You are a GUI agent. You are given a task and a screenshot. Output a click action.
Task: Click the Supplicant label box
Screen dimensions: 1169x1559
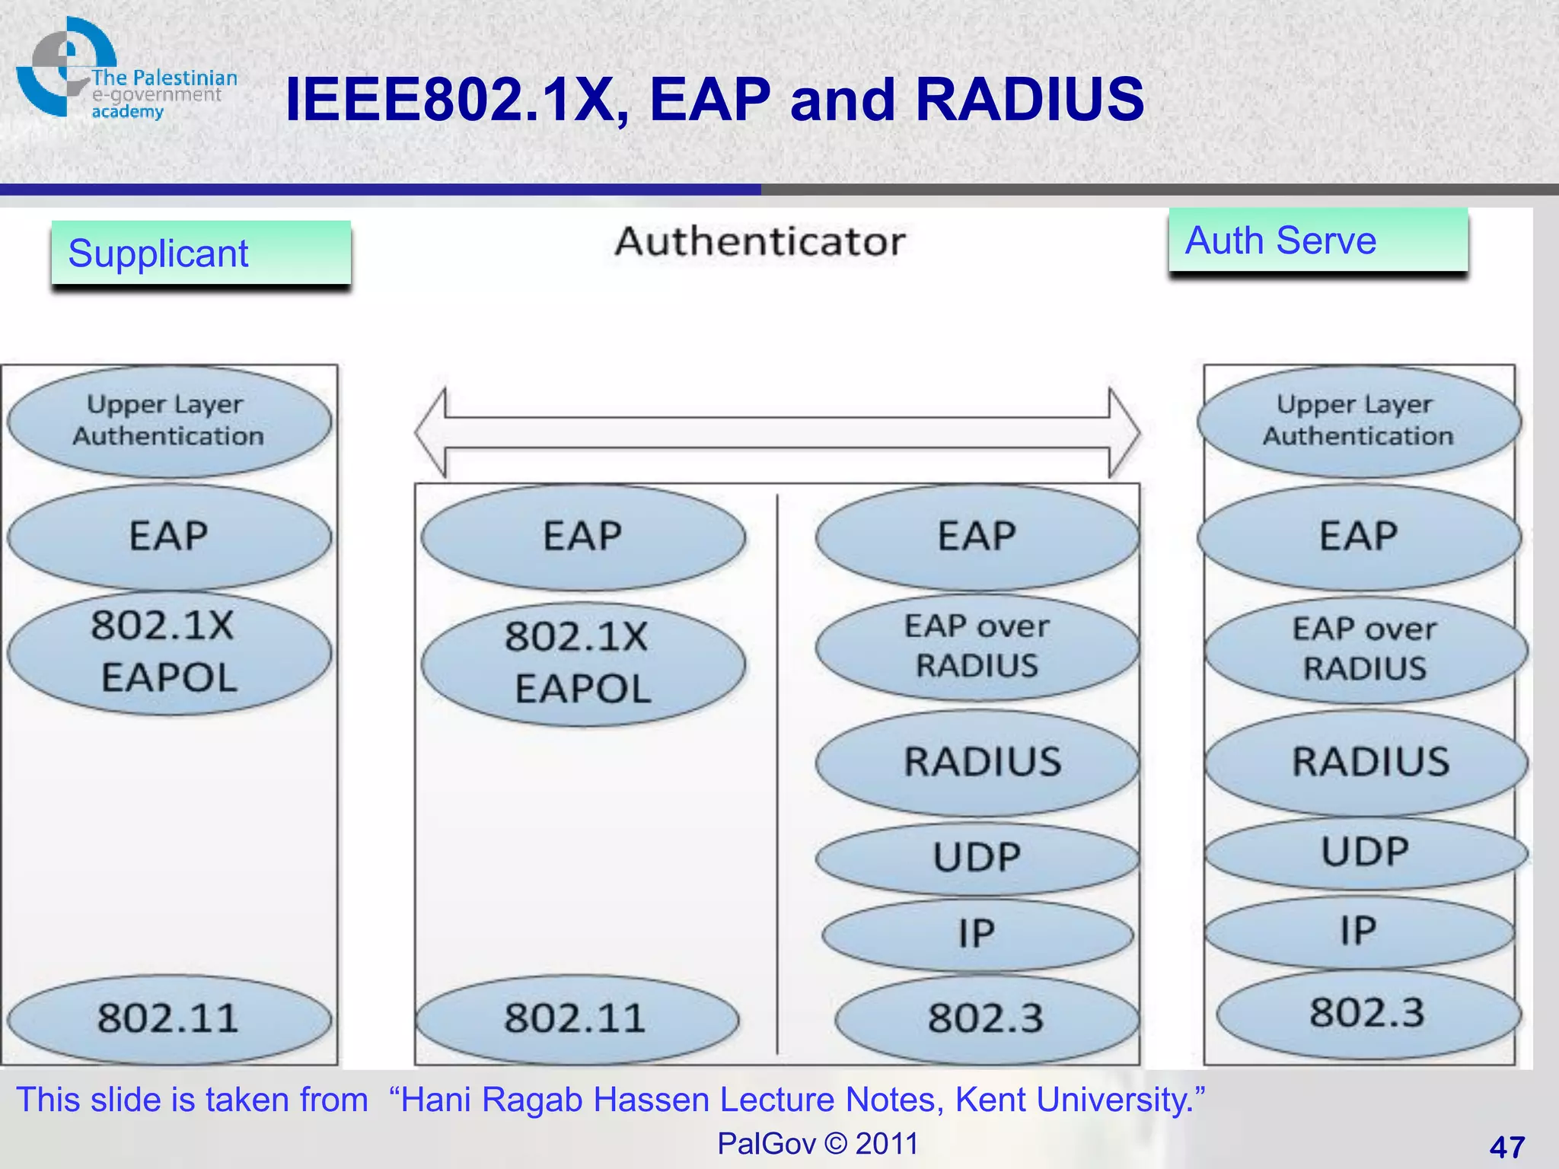coord(201,253)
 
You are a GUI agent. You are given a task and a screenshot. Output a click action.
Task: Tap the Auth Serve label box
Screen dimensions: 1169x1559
coord(1318,240)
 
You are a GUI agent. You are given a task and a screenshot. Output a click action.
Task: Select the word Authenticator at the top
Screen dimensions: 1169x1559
coord(760,242)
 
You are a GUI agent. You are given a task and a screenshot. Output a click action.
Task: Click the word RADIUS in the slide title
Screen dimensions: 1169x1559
coord(1029,100)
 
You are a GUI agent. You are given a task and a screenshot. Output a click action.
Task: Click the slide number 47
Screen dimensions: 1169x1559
coord(1506,1146)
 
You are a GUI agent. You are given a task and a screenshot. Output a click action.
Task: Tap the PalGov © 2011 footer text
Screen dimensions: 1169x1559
coord(818,1143)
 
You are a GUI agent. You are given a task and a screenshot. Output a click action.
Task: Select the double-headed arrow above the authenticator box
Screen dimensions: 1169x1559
coord(777,432)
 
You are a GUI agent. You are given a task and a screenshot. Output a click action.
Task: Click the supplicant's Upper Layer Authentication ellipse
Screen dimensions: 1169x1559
coord(169,421)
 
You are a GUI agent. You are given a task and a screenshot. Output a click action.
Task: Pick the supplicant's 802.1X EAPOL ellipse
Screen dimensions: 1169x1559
coord(169,652)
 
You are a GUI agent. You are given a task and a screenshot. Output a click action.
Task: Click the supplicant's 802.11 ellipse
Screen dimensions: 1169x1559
coord(169,1018)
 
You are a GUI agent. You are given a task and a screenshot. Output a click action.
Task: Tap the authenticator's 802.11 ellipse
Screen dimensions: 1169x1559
coord(576,1018)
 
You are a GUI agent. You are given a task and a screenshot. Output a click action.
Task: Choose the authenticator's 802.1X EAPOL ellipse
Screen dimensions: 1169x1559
coord(582,663)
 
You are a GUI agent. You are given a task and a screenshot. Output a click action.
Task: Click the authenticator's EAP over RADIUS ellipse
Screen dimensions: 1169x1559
coord(977,647)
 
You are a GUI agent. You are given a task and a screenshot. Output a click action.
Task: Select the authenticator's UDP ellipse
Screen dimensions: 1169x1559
coord(977,858)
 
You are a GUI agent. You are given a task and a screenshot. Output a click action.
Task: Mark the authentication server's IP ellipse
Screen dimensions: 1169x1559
coord(1359,931)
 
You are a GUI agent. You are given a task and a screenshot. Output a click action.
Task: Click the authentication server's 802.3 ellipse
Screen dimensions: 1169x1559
coord(1367,1013)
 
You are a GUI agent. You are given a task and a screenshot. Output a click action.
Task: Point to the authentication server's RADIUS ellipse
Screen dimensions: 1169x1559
coord(1367,762)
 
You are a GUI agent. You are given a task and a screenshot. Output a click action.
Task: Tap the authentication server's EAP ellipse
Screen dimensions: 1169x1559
coord(1359,536)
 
